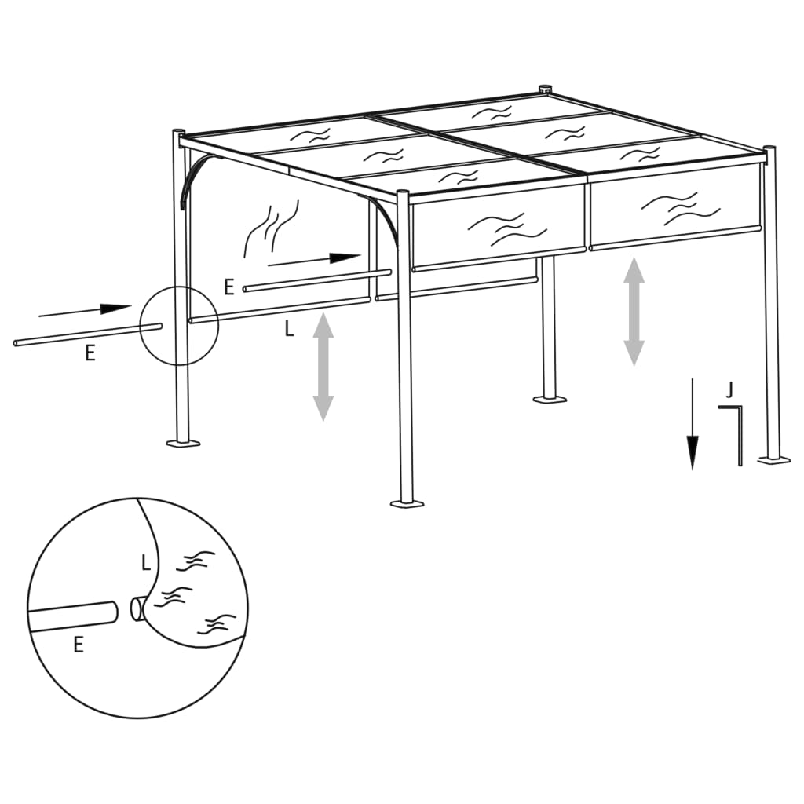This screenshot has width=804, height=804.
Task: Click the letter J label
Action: coord(730,389)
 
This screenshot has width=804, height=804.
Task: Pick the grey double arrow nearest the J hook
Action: coord(634,311)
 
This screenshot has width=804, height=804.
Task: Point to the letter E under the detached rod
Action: coord(90,354)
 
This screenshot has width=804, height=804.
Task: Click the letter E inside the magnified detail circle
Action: coord(78,645)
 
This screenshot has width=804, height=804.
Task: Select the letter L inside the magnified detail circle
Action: coord(145,563)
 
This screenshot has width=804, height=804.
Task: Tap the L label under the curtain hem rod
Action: coord(289,330)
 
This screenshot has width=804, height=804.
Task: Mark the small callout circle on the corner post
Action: coord(179,326)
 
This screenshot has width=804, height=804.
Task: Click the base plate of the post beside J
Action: coord(773,459)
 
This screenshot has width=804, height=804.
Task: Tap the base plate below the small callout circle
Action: coord(182,444)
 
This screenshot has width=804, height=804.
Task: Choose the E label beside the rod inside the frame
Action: coord(229,287)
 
